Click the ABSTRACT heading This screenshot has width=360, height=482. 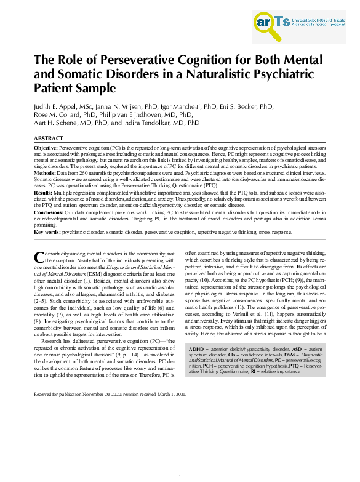coord(48,139)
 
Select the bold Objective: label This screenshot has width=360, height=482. coord(46,148)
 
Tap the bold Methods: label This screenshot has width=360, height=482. coord(45,174)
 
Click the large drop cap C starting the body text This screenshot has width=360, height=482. coord(38,257)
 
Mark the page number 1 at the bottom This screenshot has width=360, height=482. coord(180,476)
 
